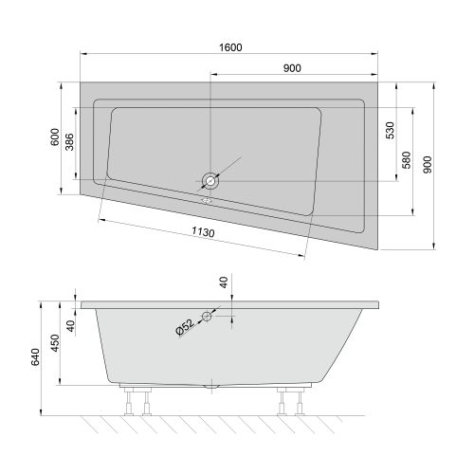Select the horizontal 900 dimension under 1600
(293, 68)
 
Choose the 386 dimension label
(68, 142)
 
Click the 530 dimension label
(390, 131)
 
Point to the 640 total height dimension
(36, 357)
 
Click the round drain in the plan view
(208, 179)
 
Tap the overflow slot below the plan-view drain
(207, 199)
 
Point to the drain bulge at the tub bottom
(211, 387)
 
